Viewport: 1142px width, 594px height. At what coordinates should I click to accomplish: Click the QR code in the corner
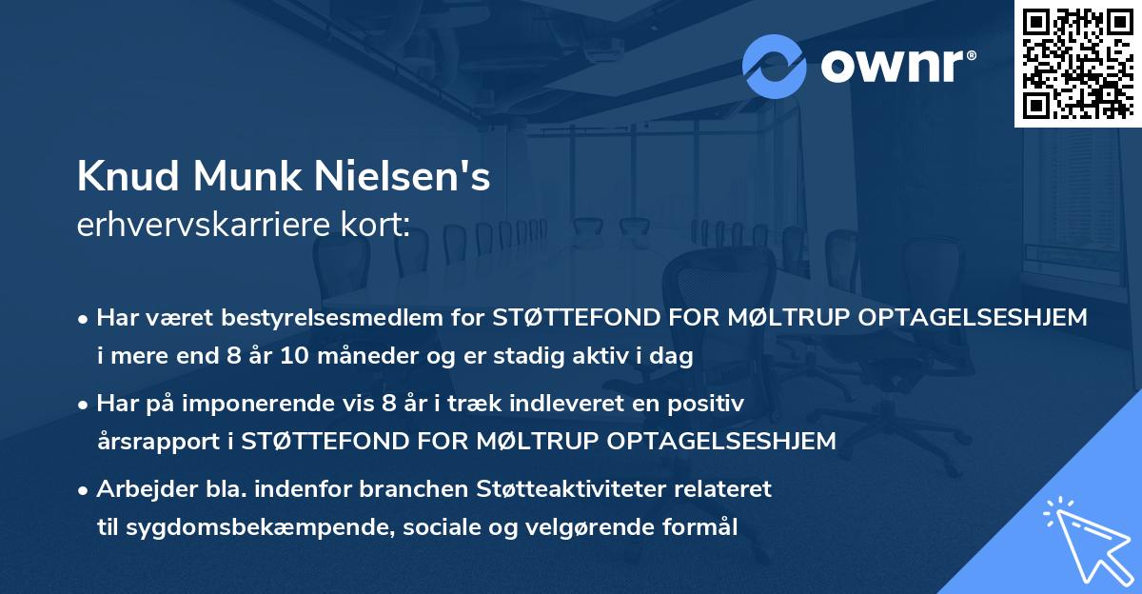[1077, 63]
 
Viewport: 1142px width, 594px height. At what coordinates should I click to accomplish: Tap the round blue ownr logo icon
[775, 66]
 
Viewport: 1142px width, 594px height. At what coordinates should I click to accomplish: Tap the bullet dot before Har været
[84, 319]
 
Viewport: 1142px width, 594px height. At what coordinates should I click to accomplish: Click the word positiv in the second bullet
[710, 404]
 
